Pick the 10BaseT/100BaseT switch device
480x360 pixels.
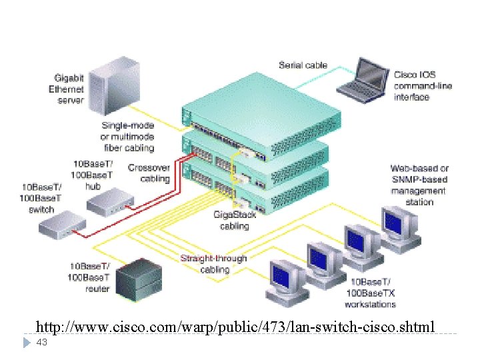(61, 226)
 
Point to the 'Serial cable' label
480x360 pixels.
(303, 65)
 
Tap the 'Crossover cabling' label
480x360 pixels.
(149, 173)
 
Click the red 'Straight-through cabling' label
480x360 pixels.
(213, 264)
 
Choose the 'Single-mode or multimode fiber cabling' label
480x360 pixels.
(128, 137)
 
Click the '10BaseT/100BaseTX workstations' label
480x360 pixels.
(370, 293)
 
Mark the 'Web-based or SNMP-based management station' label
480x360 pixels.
(419, 185)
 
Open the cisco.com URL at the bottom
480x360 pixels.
(235, 327)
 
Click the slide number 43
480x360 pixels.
(42, 342)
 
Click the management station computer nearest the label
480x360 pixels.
(399, 227)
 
